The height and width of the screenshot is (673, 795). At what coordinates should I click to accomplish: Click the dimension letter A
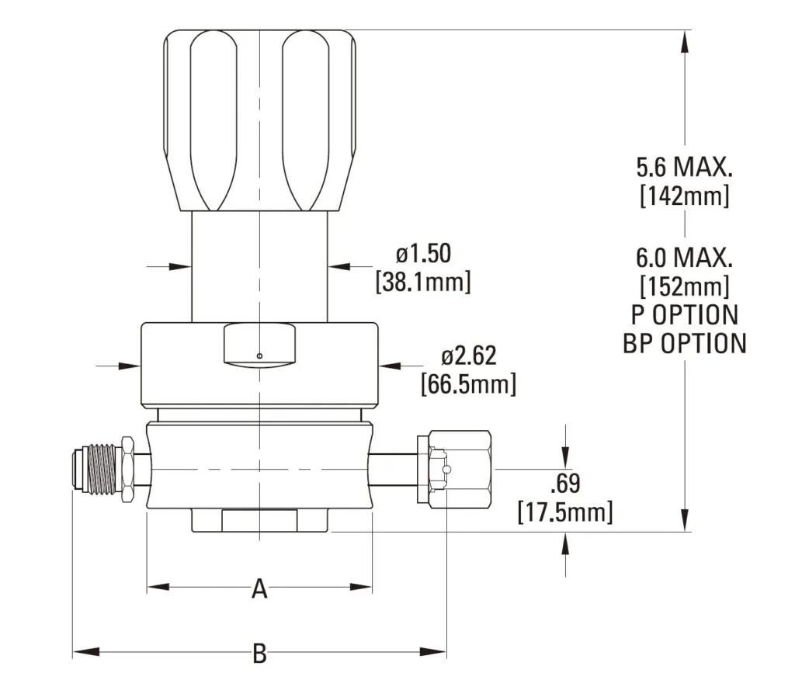[259, 590]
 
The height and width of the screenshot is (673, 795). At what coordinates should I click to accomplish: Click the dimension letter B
[259, 654]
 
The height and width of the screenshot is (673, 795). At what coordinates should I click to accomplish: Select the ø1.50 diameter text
[423, 254]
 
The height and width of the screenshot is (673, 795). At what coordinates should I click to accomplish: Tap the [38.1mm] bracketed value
[423, 282]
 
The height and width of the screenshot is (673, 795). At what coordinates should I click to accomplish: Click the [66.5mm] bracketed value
[468, 383]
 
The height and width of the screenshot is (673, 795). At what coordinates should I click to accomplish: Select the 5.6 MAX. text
[684, 166]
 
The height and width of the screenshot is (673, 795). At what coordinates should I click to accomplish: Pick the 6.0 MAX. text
[684, 256]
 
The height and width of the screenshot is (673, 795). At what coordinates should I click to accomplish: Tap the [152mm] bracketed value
[684, 285]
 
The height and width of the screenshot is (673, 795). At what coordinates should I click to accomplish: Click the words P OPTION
[684, 314]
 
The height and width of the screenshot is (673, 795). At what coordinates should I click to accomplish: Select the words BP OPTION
[684, 343]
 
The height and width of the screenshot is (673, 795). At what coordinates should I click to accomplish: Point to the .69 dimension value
[564, 484]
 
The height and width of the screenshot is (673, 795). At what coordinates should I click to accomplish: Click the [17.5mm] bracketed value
[564, 512]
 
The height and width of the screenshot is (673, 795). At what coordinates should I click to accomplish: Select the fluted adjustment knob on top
[259, 120]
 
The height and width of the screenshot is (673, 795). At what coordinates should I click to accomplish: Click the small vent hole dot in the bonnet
[259, 356]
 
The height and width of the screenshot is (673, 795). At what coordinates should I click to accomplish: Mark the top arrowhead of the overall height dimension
[684, 39]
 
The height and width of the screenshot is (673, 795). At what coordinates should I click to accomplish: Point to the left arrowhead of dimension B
[82, 650]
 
